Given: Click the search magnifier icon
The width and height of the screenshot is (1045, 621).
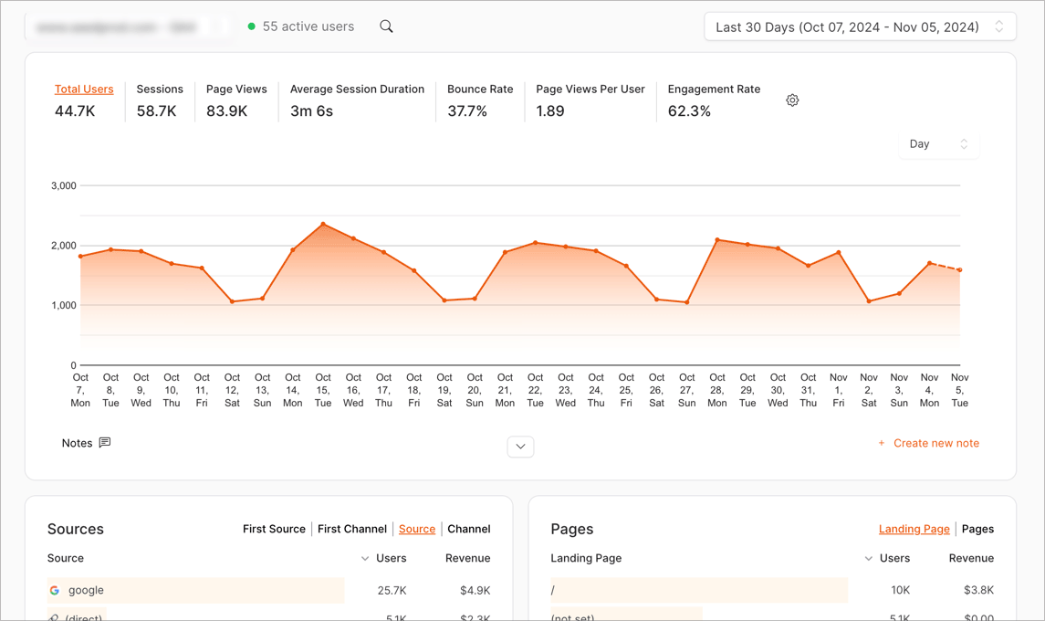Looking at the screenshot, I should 386,26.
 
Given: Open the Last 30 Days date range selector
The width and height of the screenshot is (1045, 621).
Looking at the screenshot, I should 860,27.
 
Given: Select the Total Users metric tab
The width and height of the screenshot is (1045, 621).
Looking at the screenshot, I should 84,89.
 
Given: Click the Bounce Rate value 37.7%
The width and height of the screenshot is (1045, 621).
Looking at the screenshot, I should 467,111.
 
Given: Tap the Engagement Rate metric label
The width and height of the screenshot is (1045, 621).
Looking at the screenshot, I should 714,89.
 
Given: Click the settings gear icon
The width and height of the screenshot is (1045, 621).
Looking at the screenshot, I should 792,100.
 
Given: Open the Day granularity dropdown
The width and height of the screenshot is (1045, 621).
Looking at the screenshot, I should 938,144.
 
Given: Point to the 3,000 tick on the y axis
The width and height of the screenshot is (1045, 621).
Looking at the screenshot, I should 64,185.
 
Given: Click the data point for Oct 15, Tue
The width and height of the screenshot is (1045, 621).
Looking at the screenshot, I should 323,224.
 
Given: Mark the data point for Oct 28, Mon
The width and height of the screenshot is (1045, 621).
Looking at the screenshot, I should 717,240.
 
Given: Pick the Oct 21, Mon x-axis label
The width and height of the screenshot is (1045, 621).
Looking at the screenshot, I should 505,390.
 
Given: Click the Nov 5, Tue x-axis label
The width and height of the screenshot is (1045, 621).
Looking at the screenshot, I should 959,390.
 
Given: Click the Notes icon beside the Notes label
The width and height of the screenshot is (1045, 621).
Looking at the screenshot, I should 105,443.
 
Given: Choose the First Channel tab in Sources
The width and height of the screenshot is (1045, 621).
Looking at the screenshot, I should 352,529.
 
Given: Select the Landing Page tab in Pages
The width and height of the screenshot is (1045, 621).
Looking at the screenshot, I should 914,529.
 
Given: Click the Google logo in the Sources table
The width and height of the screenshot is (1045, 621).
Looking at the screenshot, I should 55,591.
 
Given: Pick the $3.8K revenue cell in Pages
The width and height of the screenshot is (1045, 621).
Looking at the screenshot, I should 979,591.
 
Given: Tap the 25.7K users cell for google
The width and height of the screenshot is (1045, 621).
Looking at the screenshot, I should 392,591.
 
